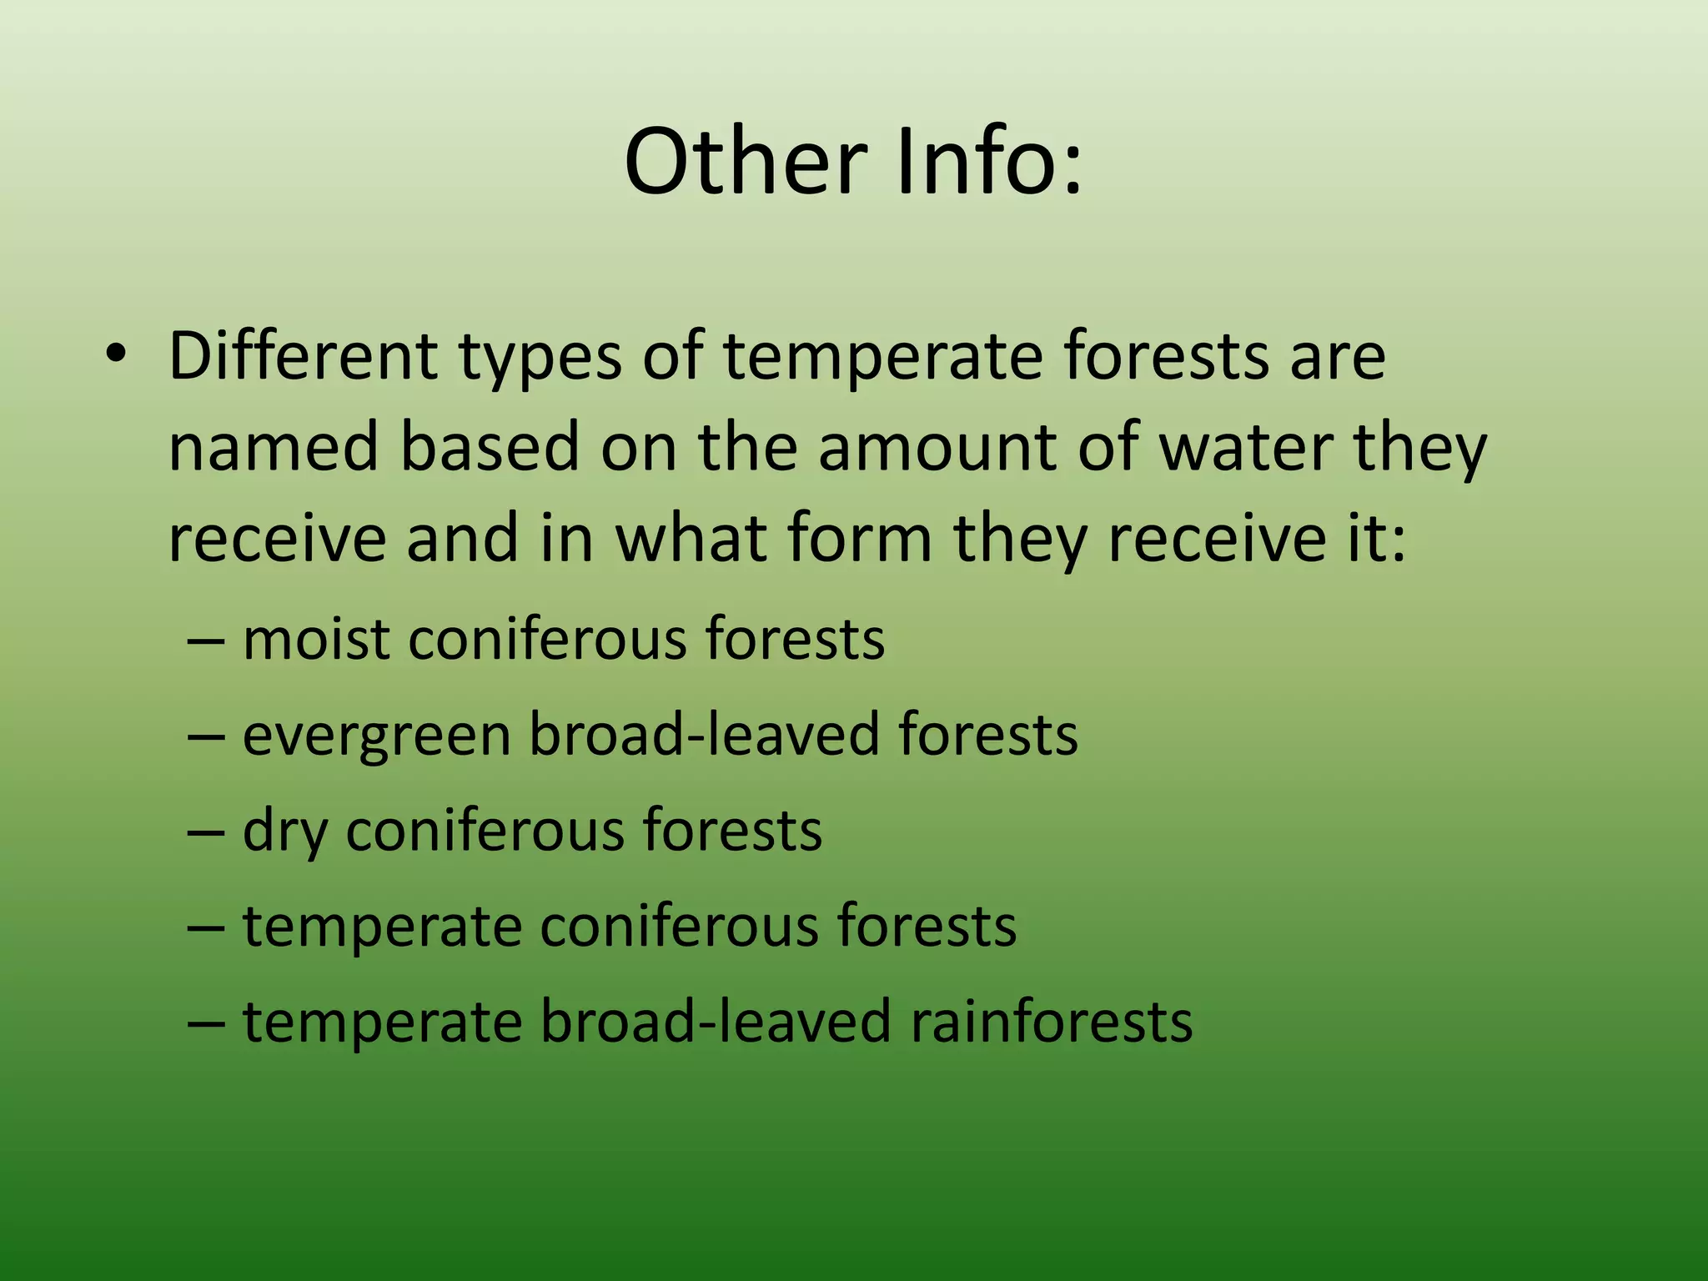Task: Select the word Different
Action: tap(303, 356)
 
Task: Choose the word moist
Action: tap(316, 639)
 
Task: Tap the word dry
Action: tap(284, 832)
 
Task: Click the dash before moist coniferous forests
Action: tap(206, 640)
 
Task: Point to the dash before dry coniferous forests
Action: tap(206, 831)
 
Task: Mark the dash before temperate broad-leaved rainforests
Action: tap(206, 1022)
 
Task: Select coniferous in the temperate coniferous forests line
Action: tap(679, 927)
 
